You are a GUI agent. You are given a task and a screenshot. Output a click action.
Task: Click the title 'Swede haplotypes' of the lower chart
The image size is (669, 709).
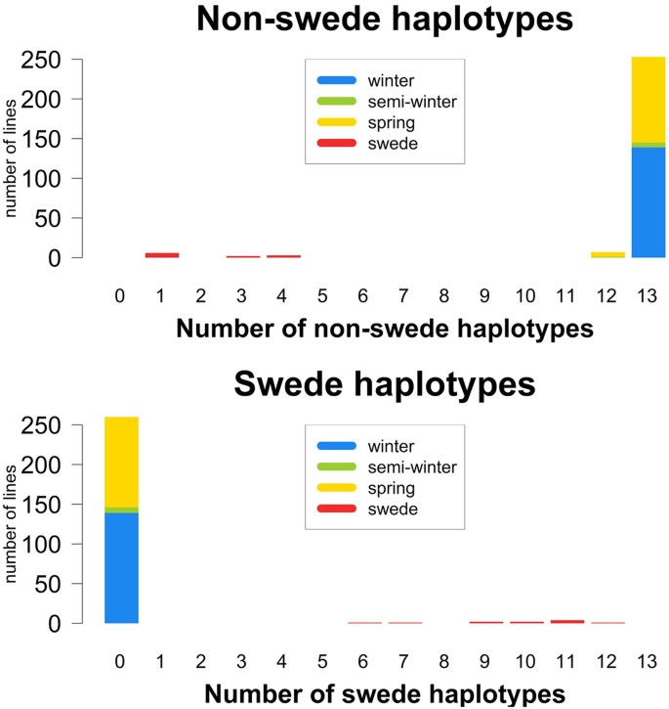point(385,384)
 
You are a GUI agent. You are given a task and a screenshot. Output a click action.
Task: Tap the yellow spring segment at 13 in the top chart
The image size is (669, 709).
point(648,99)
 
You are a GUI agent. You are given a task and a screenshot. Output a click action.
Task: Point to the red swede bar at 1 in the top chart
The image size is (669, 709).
point(162,255)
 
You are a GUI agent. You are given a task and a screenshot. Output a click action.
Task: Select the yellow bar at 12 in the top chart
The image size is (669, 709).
point(607,254)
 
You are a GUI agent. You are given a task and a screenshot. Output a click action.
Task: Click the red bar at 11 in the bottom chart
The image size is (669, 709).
point(566,621)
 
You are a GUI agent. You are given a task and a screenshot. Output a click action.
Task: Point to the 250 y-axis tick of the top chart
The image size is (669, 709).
point(43,60)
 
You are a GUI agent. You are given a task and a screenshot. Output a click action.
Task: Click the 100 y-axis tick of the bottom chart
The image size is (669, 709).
point(43,544)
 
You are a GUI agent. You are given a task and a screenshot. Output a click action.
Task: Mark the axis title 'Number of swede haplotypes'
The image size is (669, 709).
point(385,694)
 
